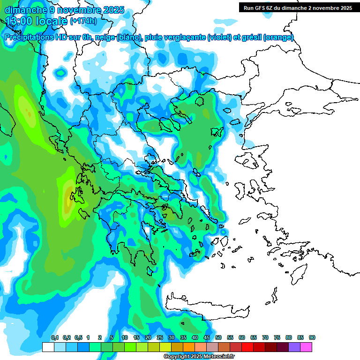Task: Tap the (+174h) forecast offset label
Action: point(83,21)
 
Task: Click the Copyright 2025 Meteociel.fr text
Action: point(199,357)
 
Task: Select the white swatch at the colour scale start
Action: point(48,347)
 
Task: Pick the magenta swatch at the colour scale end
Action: point(306,347)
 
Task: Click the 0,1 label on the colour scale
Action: point(55,338)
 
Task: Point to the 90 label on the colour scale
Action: point(312,338)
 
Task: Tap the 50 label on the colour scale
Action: point(218,338)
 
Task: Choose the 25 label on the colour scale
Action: point(160,338)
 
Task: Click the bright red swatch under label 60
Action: point(247,347)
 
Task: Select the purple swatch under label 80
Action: point(294,347)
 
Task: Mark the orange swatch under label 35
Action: point(189,347)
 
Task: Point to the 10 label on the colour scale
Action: point(125,338)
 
